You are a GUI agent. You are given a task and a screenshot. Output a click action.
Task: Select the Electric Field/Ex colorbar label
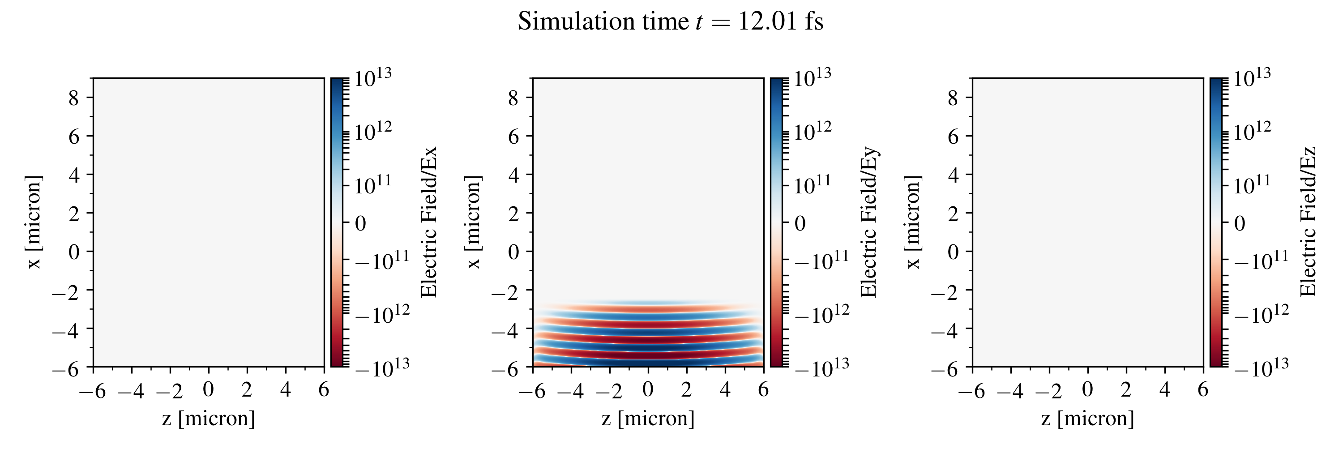428,222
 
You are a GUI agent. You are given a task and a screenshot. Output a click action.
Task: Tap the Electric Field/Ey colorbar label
868,222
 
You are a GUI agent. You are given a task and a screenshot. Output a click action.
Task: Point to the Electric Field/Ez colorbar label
1308,222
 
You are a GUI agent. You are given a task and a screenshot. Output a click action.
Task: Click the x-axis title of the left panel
209,419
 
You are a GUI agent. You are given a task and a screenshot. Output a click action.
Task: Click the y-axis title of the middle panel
473,222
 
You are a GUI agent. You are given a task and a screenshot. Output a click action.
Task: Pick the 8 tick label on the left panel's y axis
73,98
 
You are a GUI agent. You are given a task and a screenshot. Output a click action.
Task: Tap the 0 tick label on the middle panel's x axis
648,389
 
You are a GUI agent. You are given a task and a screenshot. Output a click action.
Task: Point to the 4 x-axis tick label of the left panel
285,389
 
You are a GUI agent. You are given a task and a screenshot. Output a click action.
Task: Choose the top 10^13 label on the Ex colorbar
373,78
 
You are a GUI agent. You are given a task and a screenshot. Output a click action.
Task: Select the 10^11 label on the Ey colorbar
812,185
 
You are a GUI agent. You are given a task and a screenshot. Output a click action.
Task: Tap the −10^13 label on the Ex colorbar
382,367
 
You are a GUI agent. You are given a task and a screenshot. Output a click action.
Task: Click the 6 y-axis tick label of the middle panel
513,137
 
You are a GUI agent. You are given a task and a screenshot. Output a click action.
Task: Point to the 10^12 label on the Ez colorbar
1252,131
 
